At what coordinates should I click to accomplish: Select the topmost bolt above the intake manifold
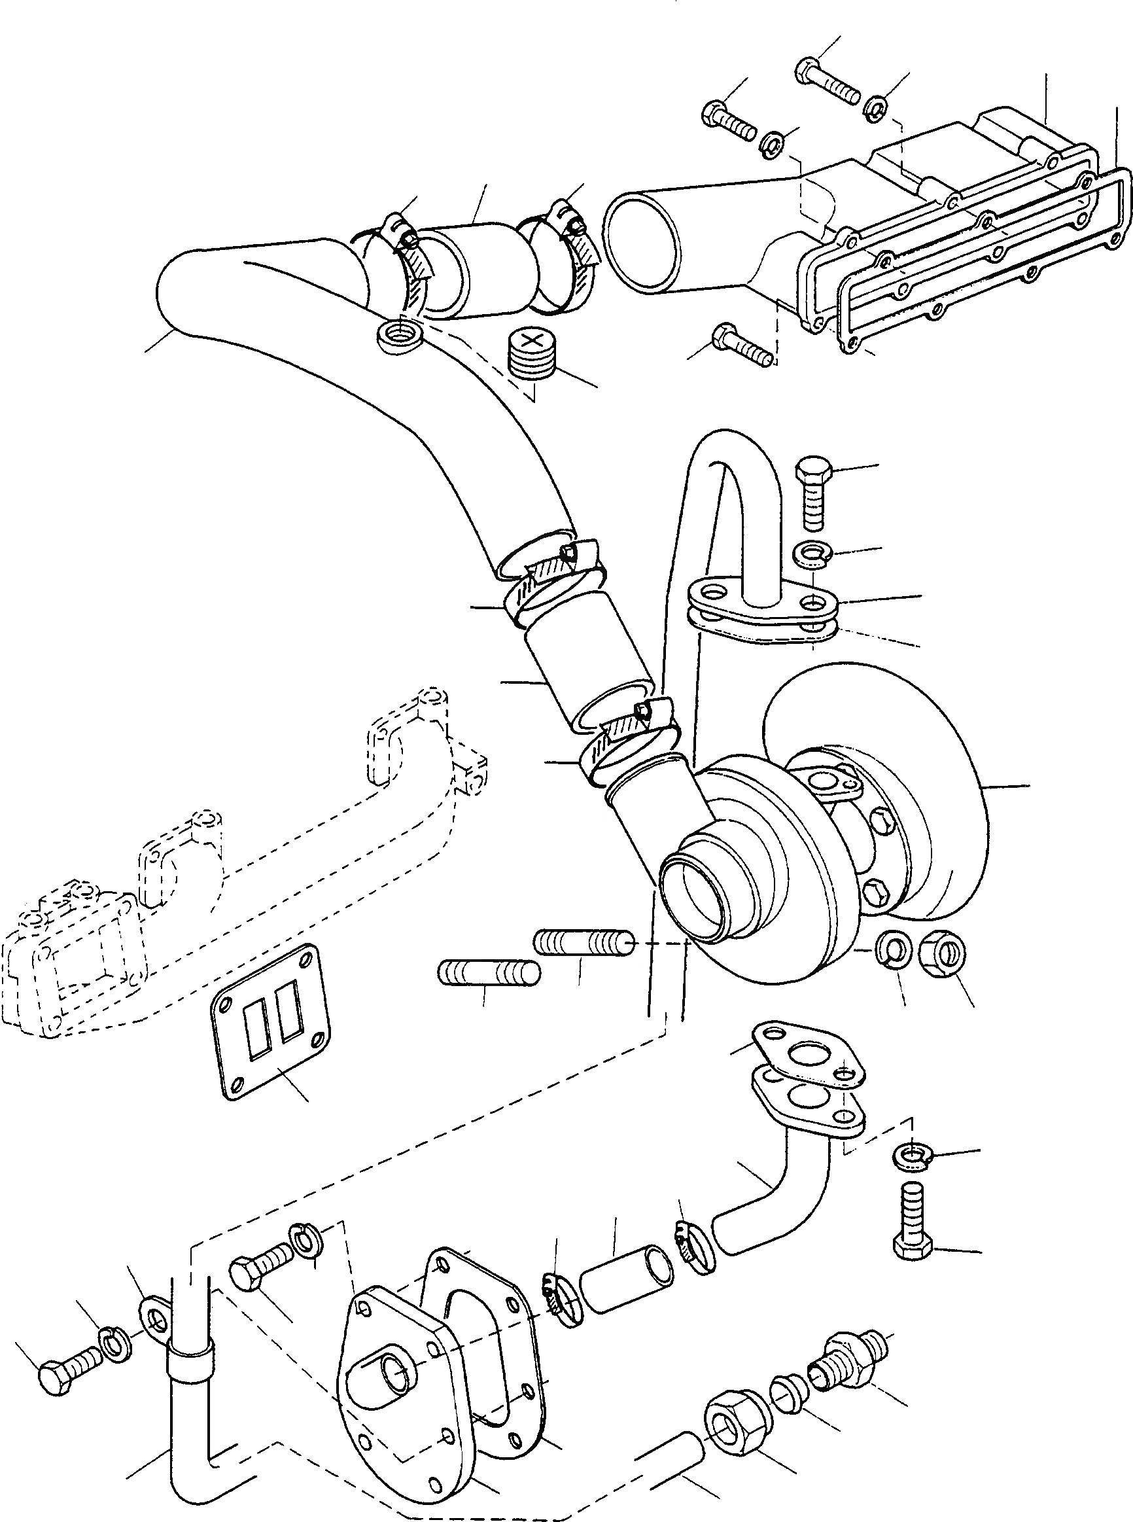[x=828, y=81]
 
